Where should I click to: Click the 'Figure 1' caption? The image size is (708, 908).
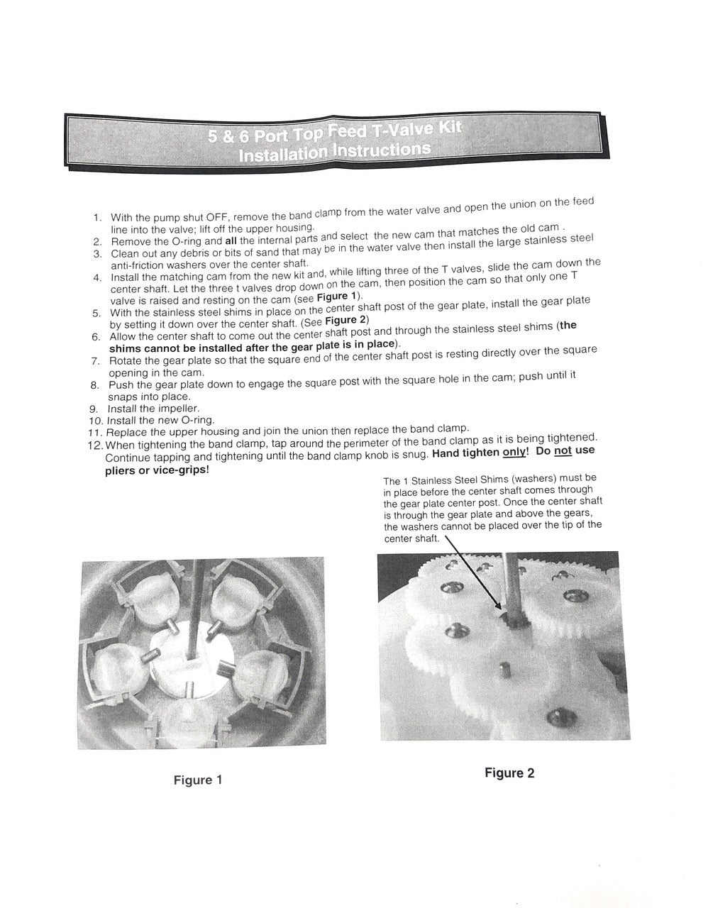pyautogui.click(x=198, y=780)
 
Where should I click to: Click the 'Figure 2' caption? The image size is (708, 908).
pyautogui.click(x=509, y=773)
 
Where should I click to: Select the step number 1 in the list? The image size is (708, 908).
pyautogui.click(x=96, y=218)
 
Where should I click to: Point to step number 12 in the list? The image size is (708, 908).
pyautogui.click(x=95, y=445)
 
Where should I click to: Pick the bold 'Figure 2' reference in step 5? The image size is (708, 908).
pyautogui.click(x=346, y=320)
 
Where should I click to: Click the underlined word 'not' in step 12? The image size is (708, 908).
pyautogui.click(x=563, y=450)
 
